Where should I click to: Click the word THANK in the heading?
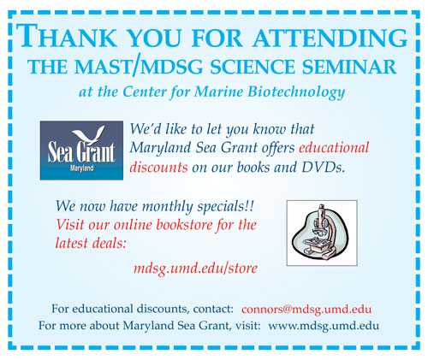pyautogui.click(x=67, y=36)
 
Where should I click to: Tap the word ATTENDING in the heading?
pyautogui.click(x=330, y=38)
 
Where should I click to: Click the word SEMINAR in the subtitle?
pyautogui.click(x=349, y=67)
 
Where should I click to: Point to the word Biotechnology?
pyautogui.click(x=296, y=92)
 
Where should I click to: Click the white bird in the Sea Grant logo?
pyautogui.click(x=88, y=134)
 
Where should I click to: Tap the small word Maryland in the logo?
pyautogui.click(x=82, y=168)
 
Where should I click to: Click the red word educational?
pyautogui.click(x=334, y=147)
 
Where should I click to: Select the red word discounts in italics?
pyautogui.click(x=158, y=168)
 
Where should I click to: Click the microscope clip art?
pyautogui.click(x=322, y=233)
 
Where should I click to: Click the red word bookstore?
pyautogui.click(x=184, y=225)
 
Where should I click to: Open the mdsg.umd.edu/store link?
pyautogui.click(x=195, y=269)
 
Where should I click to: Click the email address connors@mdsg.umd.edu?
pyautogui.click(x=306, y=310)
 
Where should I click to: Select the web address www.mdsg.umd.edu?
pyautogui.click(x=324, y=326)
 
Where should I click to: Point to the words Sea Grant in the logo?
pyautogui.click(x=81, y=152)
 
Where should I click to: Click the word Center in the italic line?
pyautogui.click(x=145, y=91)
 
